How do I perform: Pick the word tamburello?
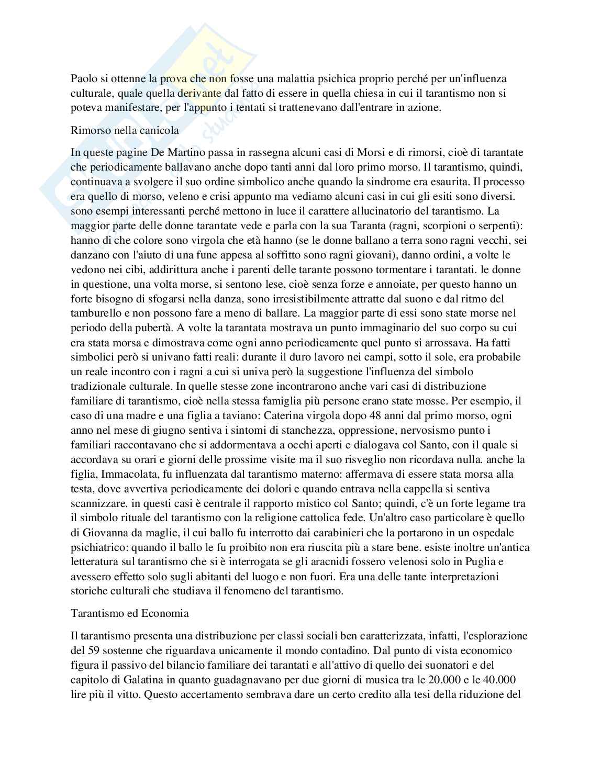click(96, 313)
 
